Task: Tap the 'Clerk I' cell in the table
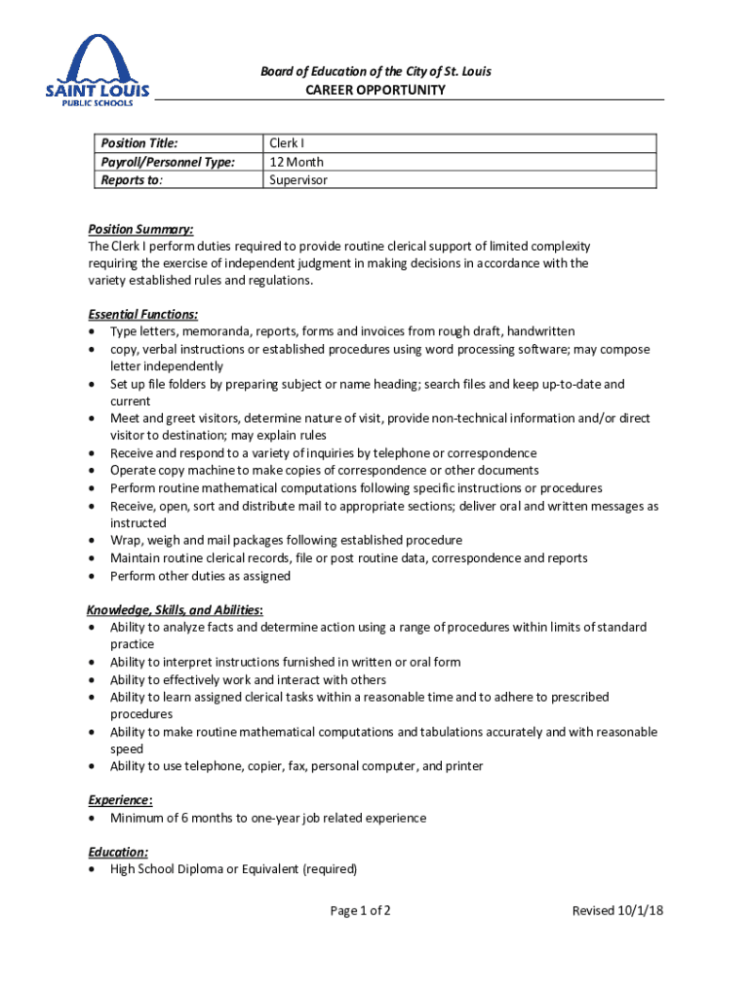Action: (x=287, y=144)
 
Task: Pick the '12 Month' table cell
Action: (x=296, y=162)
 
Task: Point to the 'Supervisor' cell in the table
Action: (x=298, y=179)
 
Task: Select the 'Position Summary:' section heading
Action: (x=140, y=229)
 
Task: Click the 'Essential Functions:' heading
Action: (x=143, y=314)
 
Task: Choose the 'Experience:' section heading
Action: (x=121, y=800)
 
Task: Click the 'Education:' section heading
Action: (x=118, y=852)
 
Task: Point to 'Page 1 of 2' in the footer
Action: (x=361, y=911)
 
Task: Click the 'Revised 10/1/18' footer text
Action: (x=617, y=911)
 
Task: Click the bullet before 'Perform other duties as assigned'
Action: (x=92, y=576)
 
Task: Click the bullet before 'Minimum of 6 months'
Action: (x=92, y=819)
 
